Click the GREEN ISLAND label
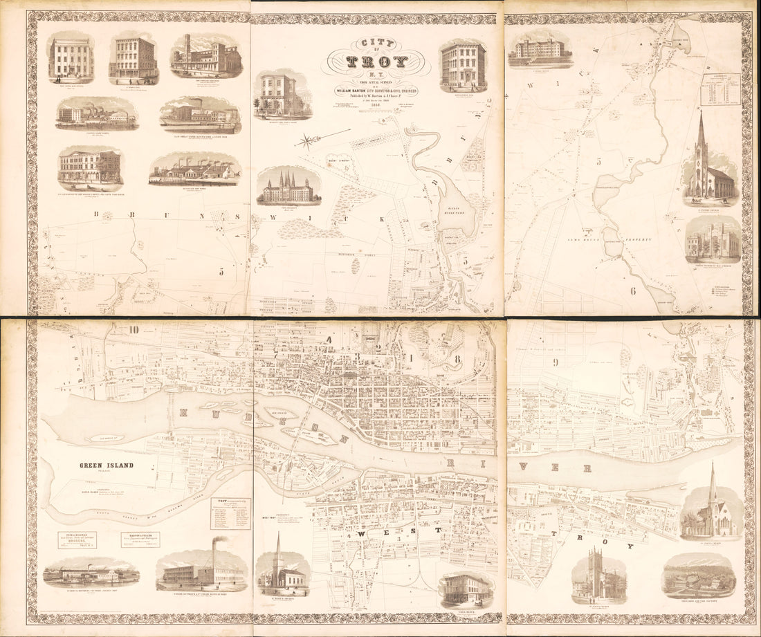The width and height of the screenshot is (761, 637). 106,465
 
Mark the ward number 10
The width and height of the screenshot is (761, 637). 133,329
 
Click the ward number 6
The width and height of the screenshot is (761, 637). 632,291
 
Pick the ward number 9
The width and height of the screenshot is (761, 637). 555,362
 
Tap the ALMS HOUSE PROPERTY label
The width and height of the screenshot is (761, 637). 620,239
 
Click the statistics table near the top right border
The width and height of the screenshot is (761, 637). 719,89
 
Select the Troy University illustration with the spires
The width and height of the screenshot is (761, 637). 288,186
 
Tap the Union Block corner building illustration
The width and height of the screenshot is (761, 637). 466,589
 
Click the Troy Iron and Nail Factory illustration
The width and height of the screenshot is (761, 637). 699,575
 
